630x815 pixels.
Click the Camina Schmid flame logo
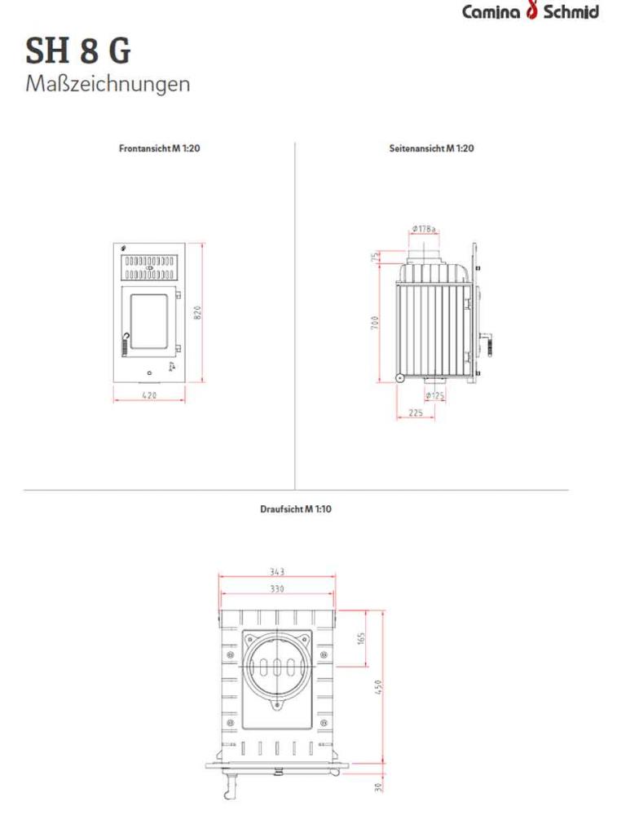[533, 11]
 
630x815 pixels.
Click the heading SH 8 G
[78, 52]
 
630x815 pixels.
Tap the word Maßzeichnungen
[108, 83]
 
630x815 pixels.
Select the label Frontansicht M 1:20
[160, 149]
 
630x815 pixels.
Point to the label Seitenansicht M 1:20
[432, 149]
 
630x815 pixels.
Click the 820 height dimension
[197, 312]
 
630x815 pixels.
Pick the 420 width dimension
[149, 395]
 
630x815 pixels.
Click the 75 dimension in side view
[376, 258]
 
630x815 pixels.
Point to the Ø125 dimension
[435, 396]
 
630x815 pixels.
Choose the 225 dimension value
[415, 413]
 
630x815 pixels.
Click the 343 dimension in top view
[277, 572]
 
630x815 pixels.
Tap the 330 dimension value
[277, 588]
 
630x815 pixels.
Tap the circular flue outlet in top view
[277, 665]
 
